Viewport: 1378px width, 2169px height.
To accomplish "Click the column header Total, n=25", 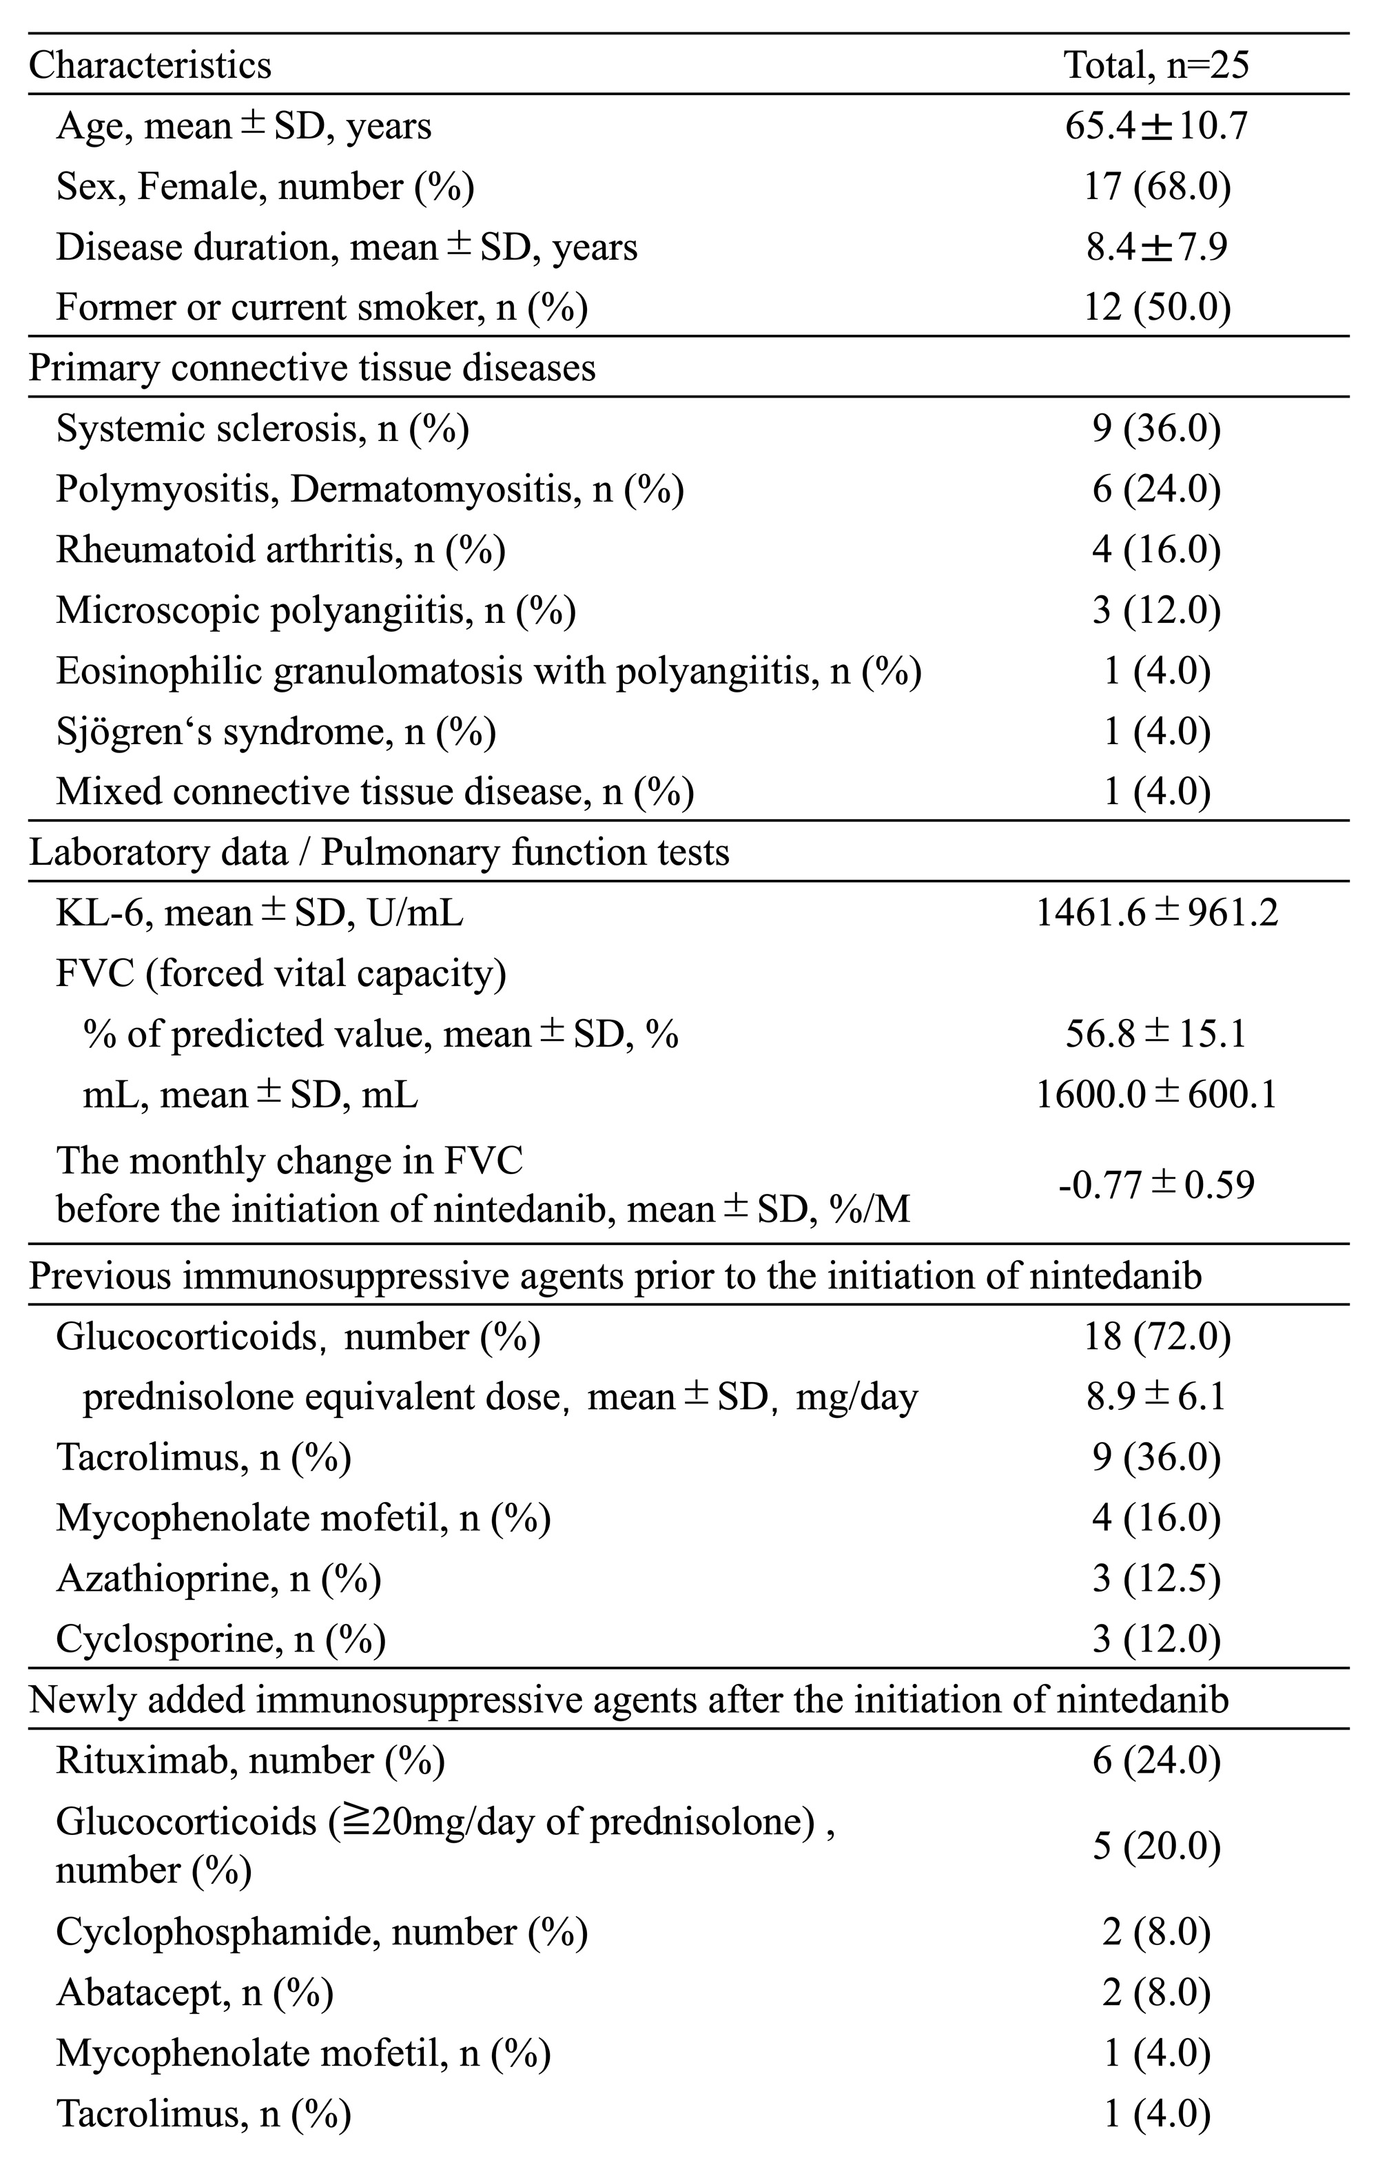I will [1156, 65].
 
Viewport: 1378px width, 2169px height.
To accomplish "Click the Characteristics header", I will [150, 65].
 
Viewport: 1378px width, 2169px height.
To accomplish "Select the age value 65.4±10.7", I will [1156, 125].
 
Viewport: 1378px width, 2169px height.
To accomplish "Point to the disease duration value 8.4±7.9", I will [1156, 246].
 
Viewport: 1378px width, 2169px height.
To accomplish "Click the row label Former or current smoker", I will [322, 307].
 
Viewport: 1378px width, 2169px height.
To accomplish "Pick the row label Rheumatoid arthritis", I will [280, 549].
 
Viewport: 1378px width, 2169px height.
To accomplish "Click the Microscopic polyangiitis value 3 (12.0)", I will [1156, 610].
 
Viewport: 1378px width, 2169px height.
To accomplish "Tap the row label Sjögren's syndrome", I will [276, 732].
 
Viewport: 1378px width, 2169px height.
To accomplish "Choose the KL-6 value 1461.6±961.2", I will [1156, 914].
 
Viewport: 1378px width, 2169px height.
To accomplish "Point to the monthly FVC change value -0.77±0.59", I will [1156, 1184].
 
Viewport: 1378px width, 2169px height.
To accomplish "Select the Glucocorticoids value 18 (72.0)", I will [1156, 1337].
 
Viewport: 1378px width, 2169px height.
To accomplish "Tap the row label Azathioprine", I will [218, 1578].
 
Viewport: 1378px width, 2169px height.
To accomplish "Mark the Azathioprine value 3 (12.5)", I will [1156, 1578].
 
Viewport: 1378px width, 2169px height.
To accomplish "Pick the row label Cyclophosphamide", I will [322, 1931].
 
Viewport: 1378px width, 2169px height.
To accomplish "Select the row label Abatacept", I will [194, 1993].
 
